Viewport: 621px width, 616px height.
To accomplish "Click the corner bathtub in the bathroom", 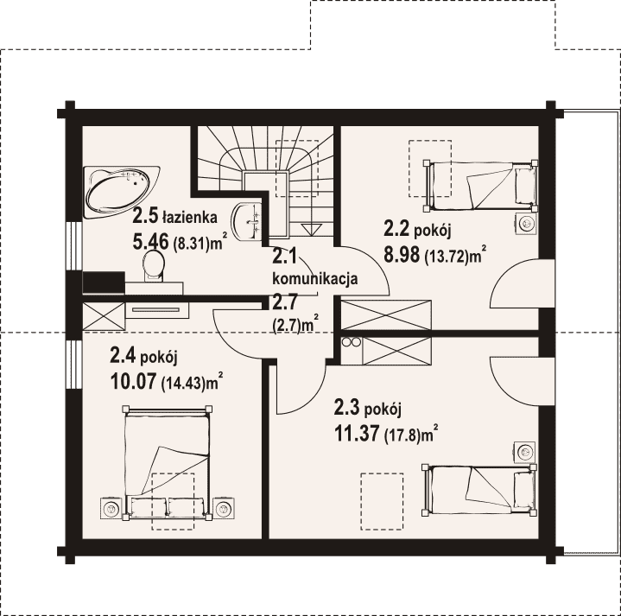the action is (x=121, y=191).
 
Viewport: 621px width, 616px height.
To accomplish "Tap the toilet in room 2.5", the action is (x=154, y=266).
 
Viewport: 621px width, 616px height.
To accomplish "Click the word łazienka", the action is (x=190, y=218).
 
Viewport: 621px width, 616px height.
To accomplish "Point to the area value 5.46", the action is (x=151, y=241).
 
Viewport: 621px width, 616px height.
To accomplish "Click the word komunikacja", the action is (x=315, y=278).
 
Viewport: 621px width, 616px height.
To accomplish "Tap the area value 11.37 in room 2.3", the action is (x=357, y=433).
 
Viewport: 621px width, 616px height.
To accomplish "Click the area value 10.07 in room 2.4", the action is (x=133, y=382).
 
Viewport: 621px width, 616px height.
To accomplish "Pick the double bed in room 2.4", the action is (x=168, y=462).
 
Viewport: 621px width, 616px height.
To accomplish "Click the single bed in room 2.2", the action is (x=481, y=186).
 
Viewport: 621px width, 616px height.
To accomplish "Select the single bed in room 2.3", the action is (x=480, y=490).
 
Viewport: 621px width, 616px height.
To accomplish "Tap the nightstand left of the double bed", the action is (x=111, y=507).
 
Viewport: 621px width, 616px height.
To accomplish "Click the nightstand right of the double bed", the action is (x=225, y=507).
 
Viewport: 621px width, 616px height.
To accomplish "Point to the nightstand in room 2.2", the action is (x=526, y=225).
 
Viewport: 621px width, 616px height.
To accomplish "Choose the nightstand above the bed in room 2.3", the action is (x=525, y=452).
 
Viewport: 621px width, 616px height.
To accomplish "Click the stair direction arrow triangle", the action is (x=312, y=230).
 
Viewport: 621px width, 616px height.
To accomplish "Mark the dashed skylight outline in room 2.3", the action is (x=382, y=501).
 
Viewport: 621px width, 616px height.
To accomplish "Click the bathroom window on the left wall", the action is (x=73, y=245).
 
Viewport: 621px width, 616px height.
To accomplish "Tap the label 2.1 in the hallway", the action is (x=284, y=257).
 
